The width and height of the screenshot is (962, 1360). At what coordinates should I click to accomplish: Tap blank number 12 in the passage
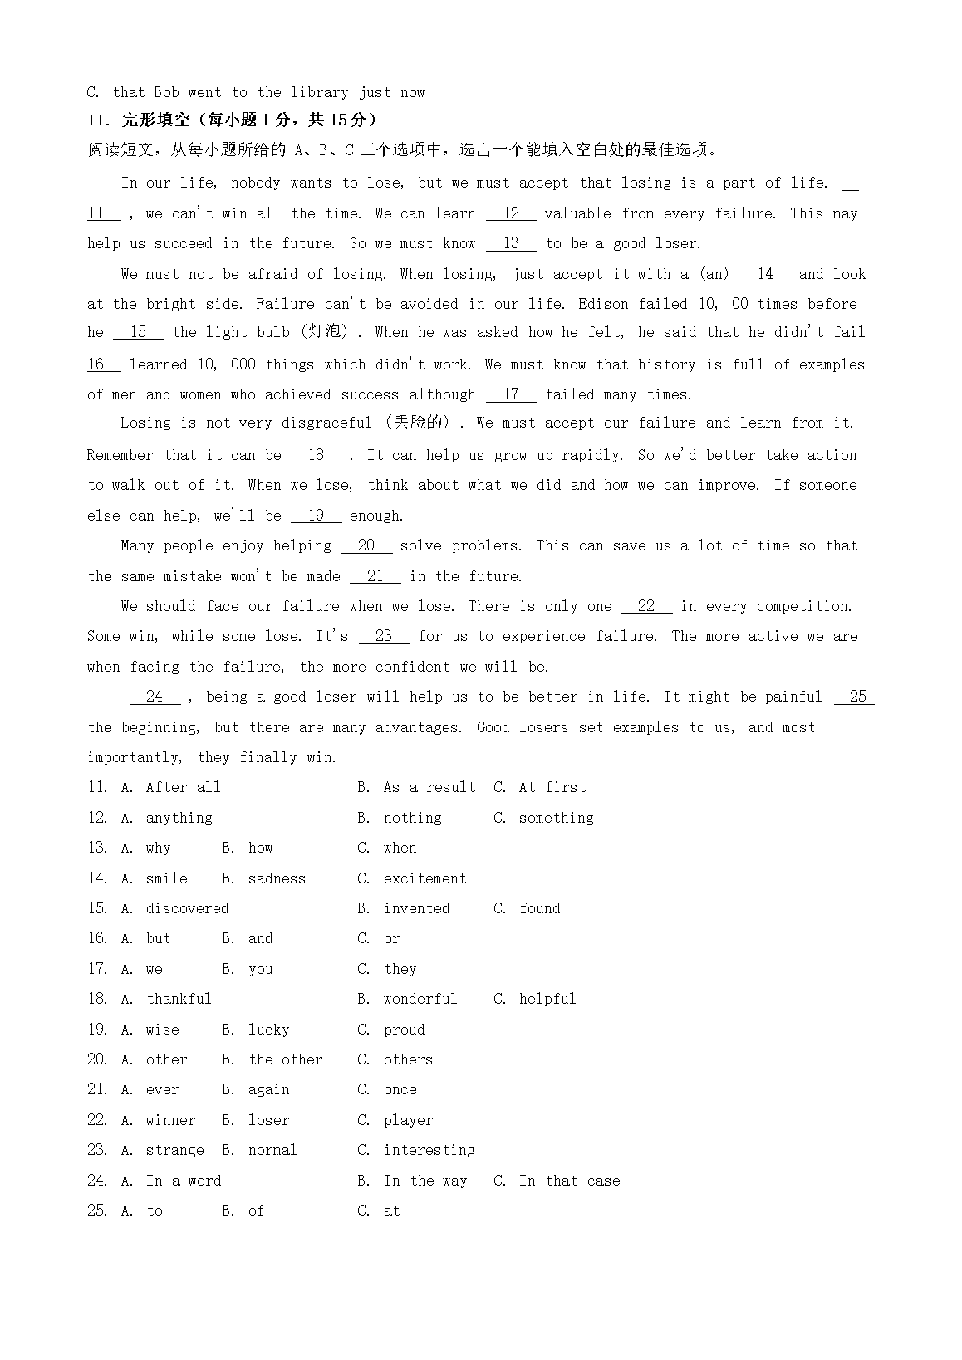point(512,213)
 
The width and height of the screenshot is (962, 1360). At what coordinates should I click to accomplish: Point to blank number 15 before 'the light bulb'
point(138,332)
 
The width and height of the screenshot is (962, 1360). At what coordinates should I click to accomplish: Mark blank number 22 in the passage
point(646,606)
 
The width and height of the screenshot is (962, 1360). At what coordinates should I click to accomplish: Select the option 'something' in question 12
point(556,818)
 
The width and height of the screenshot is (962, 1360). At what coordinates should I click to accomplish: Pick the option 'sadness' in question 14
point(277,878)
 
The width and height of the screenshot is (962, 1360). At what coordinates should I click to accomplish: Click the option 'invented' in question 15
point(416,908)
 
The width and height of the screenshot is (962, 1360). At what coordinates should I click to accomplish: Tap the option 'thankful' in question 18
point(179,999)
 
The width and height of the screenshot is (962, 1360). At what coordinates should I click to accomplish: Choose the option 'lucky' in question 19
point(268,1030)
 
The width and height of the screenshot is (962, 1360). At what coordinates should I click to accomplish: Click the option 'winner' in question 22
point(170,1120)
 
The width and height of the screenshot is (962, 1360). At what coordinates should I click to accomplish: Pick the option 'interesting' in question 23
point(429,1150)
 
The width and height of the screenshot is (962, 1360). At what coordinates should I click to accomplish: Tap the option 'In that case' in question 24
point(569,1181)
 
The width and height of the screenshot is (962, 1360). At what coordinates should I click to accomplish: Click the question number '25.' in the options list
point(97,1211)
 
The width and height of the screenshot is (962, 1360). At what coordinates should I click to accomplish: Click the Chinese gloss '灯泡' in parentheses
point(325,332)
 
